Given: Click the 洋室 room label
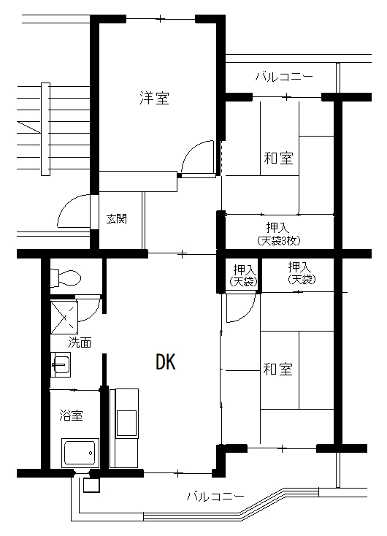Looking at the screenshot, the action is point(154,98).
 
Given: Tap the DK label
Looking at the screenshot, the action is point(166,362).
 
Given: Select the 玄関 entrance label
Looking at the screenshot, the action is point(117,218).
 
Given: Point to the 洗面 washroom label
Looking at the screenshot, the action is point(80,342).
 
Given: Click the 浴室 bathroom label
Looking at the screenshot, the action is point(71,416).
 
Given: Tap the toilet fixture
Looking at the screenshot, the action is point(66,277).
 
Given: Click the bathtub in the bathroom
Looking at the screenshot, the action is point(80,453).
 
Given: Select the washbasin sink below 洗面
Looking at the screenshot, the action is point(61,364).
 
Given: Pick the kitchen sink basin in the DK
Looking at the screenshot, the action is point(127,424).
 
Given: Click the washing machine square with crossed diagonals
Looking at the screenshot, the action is point(64,317).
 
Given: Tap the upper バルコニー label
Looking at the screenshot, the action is point(284,77).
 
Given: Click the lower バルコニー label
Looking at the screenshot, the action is point(215,496).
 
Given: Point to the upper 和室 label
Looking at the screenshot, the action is point(279,158).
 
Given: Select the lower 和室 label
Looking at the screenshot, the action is point(278,370).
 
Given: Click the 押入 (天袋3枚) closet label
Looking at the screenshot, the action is point(279,234).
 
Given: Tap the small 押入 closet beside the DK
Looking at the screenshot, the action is point(243,275).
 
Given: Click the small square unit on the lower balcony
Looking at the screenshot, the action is point(91,485).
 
